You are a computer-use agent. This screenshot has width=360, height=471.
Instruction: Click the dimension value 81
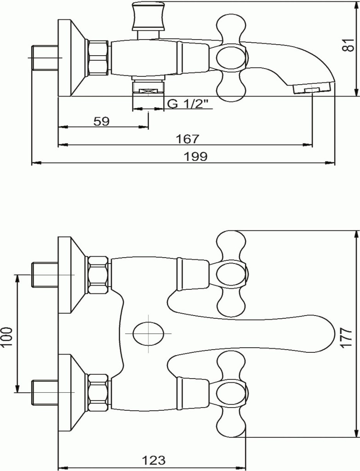[348, 45]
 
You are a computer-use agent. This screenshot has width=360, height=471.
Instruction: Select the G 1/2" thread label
[188, 104]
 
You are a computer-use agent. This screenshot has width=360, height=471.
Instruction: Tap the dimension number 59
[102, 121]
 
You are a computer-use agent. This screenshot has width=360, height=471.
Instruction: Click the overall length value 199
[195, 156]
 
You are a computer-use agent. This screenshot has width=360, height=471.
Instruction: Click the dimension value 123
[154, 460]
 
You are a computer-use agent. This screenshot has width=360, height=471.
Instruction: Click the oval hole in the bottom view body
[149, 333]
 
